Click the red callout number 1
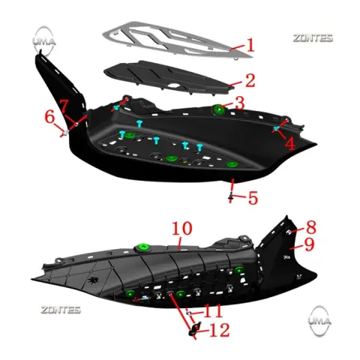click(250, 45)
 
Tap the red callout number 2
click(250, 80)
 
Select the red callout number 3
click(239, 103)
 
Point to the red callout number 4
click(290, 144)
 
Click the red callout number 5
click(253, 198)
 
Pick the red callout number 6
click(49, 117)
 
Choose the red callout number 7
click(64, 106)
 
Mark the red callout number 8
click(311, 227)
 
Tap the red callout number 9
click(309, 244)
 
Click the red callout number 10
click(182, 228)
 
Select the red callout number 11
click(213, 310)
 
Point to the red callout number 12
click(220, 330)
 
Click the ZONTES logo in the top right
click(313, 38)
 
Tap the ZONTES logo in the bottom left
click(61, 310)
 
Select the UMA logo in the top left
click(44, 41)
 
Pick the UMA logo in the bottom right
click(319, 321)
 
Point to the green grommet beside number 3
click(218, 109)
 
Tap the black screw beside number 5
click(230, 198)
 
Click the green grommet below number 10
click(143, 247)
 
